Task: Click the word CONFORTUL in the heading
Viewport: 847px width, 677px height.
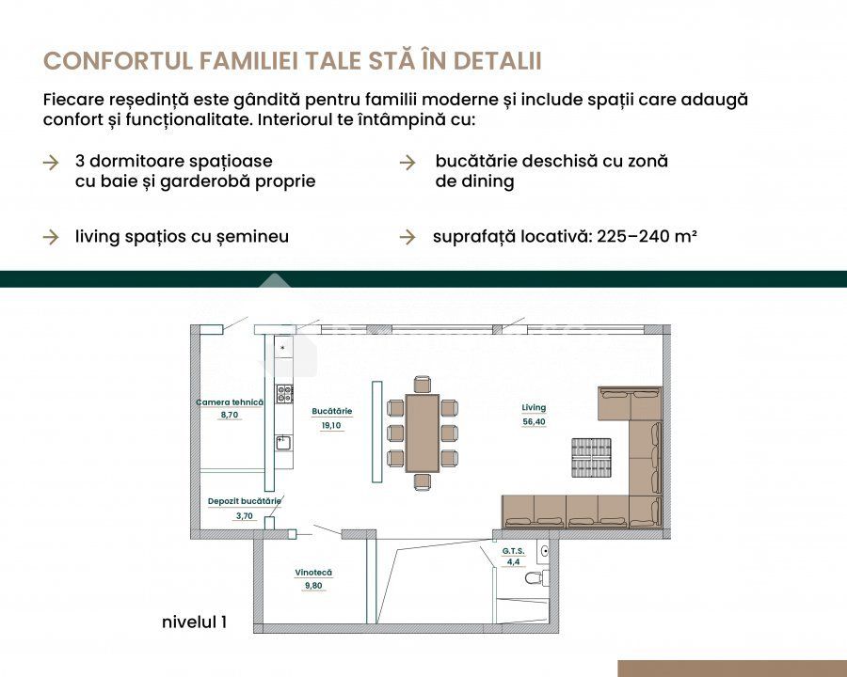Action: pos(118,61)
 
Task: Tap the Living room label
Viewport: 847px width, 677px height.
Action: pos(534,407)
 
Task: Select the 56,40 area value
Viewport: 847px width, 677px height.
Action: pos(534,421)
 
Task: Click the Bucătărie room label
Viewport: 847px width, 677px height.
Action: pos(331,411)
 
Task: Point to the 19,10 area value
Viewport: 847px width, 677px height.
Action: pos(331,425)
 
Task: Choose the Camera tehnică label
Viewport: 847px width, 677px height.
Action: pos(230,402)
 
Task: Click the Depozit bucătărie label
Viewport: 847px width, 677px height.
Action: pos(244,501)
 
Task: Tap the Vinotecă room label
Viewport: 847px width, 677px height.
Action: pos(313,573)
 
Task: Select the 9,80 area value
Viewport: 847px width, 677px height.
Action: pos(313,586)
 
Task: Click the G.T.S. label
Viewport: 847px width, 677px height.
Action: pos(513,551)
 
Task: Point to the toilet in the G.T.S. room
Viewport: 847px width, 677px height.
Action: pos(536,577)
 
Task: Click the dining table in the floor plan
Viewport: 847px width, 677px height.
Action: pos(422,433)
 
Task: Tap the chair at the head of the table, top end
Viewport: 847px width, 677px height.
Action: pos(423,384)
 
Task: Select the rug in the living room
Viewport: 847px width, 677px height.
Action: pos(592,458)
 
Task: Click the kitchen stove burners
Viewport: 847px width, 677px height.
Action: pos(284,394)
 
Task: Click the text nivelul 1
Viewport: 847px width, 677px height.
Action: pos(195,622)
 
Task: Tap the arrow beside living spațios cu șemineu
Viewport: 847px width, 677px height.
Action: pos(51,237)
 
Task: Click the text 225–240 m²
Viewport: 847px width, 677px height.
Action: pos(647,236)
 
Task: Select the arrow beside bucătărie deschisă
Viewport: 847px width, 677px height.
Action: pos(408,162)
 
